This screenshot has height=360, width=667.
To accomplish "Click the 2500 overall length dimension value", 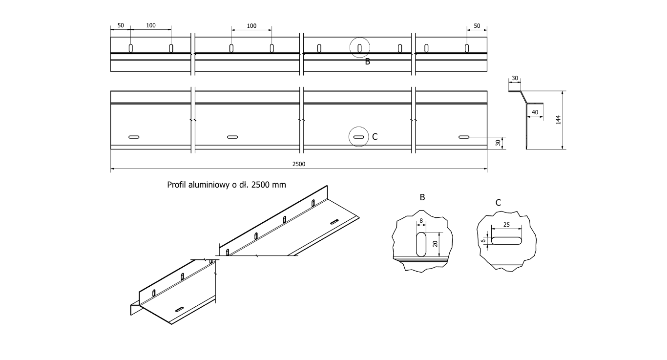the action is pos(299,164).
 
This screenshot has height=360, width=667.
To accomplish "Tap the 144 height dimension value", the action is pos(558,120).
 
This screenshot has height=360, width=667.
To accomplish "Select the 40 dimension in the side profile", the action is pos(535,112).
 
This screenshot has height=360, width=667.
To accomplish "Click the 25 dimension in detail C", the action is pos(506,225).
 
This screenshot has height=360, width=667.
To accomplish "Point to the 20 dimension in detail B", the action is pos(435,244).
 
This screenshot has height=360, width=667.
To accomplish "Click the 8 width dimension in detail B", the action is pos(421,221).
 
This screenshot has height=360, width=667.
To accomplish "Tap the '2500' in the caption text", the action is pos(261,185).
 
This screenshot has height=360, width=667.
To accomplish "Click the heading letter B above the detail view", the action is pos(422,197).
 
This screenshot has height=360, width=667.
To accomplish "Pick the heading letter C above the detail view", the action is pos(498,203).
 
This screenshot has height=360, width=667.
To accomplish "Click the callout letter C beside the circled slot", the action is pos(375,137).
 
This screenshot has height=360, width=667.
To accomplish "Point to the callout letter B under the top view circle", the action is pos(368,62).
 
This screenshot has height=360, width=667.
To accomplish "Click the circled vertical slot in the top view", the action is pos(360,48).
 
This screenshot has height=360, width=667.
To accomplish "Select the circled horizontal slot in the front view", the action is pos(358,137).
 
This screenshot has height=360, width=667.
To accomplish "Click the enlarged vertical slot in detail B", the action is pos(421,244).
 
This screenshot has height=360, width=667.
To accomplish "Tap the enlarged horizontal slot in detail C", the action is pos(506,241).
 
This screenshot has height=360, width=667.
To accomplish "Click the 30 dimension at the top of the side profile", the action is pos(515,78).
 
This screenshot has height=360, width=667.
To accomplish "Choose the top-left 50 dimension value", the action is pos(121,25).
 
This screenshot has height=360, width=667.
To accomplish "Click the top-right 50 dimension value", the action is pos(477,26).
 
